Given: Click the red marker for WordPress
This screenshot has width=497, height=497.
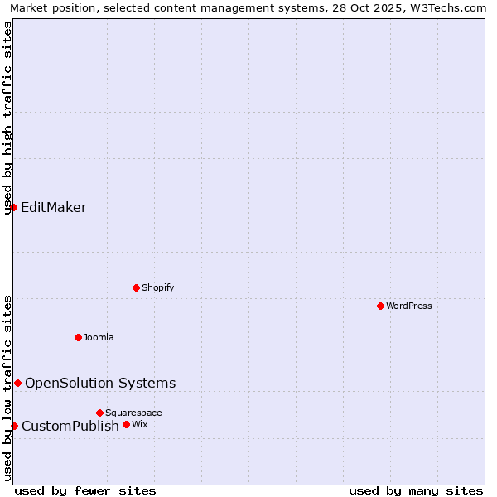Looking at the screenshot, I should (x=380, y=306).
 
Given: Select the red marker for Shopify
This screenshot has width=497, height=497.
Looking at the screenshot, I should (x=136, y=287).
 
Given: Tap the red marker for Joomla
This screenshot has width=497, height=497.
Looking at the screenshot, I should (x=78, y=337).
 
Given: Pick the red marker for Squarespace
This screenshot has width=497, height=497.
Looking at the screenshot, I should (x=99, y=413).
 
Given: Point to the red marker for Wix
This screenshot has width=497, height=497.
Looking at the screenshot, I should (x=126, y=424).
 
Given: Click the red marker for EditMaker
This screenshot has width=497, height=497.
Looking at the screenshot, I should (x=14, y=207).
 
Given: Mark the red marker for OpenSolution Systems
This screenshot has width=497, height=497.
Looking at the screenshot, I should (x=17, y=383).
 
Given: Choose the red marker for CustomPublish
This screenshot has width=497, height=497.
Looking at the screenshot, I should (x=14, y=426).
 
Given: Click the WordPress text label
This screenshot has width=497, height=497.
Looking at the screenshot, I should (x=409, y=306).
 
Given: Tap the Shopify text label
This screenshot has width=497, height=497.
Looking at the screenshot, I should (x=157, y=287).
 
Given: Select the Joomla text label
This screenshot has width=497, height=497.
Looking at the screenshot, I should (x=99, y=337).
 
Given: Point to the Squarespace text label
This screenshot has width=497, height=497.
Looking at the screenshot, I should (x=133, y=413).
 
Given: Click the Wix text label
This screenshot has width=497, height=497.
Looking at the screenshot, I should (x=139, y=424).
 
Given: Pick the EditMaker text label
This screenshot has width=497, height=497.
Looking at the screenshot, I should (x=54, y=207).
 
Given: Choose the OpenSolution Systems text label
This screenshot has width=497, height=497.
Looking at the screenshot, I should (x=100, y=383).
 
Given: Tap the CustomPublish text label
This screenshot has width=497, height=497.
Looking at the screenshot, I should (x=70, y=426).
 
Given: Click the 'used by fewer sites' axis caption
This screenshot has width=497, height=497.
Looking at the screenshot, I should (x=85, y=490).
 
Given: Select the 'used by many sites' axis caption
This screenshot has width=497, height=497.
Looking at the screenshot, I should (x=416, y=490).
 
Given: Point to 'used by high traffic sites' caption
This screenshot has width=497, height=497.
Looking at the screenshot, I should (x=8, y=118).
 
